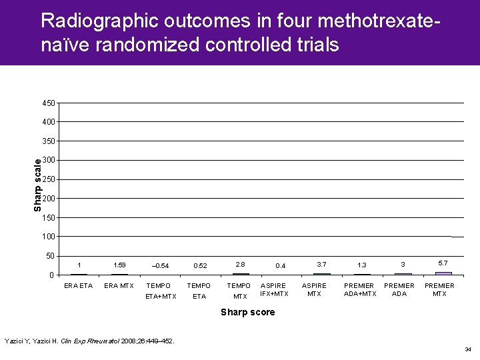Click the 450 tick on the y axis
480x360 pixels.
[x=48, y=103]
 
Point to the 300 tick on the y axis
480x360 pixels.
[x=48, y=161]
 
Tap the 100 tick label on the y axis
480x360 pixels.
[x=48, y=237]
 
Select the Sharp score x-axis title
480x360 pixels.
[x=247, y=312]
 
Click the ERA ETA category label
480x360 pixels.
[x=78, y=286]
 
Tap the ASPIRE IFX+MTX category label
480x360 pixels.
[x=275, y=289]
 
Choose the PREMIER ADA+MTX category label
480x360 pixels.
[x=360, y=289]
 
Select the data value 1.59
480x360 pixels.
[x=120, y=265]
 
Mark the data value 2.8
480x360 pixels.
[x=240, y=264]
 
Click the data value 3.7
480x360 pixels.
[x=321, y=264]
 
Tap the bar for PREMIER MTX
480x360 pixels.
[x=443, y=273]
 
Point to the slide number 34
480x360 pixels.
[x=469, y=349]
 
